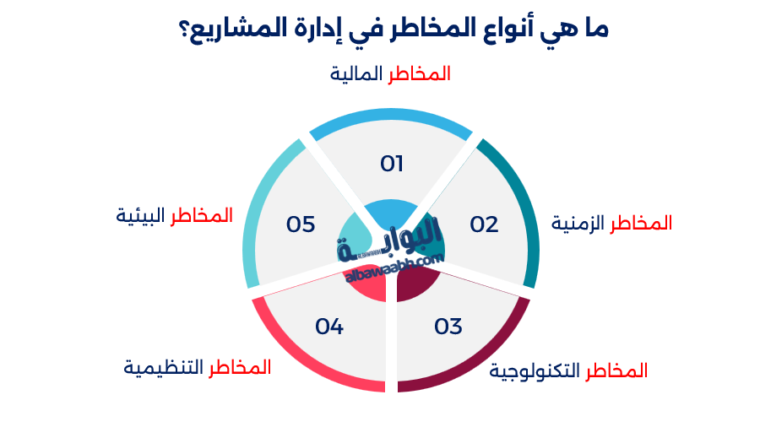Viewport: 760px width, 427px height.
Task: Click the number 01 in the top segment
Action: pos(391,164)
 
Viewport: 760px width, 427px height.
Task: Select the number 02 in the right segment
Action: pos(484,224)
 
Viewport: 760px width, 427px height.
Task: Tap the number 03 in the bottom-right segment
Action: pos(448,326)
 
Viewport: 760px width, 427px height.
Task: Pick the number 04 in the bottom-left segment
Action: pos(329,326)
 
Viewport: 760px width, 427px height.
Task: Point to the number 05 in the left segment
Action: pos(300,224)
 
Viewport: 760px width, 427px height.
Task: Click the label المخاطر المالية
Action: pos(389,74)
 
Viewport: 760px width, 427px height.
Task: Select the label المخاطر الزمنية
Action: pos(611,224)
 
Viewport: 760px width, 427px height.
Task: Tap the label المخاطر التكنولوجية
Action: pos(568,370)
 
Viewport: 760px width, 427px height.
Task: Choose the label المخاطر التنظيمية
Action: pos(198,368)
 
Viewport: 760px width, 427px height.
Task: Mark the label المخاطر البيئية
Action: pos(174,216)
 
